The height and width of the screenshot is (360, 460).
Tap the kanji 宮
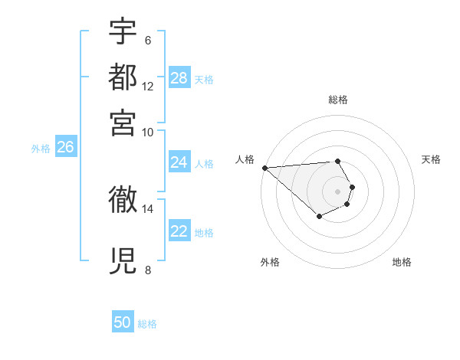123,120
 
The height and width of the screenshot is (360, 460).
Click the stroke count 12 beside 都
148,87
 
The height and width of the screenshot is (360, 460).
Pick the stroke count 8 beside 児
147,270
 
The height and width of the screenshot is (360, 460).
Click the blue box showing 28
179,77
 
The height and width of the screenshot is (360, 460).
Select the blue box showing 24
179,162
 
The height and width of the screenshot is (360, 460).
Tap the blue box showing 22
179,231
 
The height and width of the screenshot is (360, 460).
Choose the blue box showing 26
65,148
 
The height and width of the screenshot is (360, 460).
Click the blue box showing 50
123,322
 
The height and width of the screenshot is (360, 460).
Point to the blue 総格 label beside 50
147,324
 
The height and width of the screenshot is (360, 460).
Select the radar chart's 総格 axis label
338,100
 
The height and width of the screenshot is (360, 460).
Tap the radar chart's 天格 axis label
431,159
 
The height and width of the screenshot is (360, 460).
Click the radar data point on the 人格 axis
264,168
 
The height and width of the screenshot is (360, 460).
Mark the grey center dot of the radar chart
338,191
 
